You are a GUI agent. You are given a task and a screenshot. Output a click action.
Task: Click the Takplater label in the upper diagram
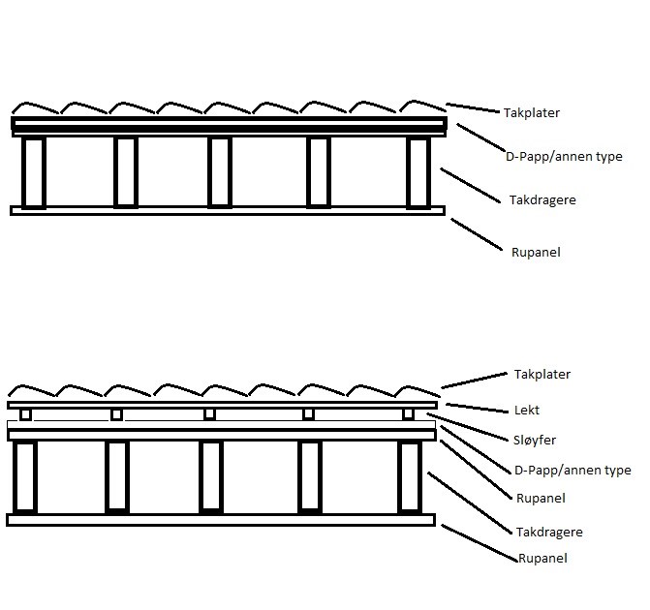click(x=532, y=113)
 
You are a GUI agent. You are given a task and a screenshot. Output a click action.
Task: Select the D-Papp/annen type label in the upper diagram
click(x=564, y=156)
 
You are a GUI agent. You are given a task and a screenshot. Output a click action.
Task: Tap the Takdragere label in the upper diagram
click(x=543, y=200)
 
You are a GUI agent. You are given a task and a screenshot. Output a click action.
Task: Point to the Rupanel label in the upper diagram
click(x=536, y=253)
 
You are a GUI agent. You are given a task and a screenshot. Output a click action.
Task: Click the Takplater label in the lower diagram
click(x=542, y=375)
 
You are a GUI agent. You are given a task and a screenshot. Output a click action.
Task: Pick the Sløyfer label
click(x=536, y=441)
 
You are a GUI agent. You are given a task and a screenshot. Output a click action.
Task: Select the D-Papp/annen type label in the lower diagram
click(x=573, y=471)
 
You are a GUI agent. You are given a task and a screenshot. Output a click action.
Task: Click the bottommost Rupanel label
click(x=542, y=559)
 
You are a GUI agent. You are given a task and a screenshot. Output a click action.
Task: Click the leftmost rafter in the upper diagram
click(x=34, y=172)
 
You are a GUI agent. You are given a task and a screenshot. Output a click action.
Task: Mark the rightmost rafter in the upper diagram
click(x=418, y=172)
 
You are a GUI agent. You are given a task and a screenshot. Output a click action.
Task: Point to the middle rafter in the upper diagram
click(x=220, y=172)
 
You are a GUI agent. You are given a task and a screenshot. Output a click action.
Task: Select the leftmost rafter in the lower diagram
click(x=24, y=476)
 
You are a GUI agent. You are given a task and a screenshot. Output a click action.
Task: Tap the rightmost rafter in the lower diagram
click(x=410, y=476)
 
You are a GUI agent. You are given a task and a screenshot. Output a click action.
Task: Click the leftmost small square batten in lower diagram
click(x=26, y=414)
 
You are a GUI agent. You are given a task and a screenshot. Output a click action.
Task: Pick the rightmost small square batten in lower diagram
click(x=408, y=414)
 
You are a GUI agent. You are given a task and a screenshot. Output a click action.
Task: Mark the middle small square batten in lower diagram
click(x=209, y=414)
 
